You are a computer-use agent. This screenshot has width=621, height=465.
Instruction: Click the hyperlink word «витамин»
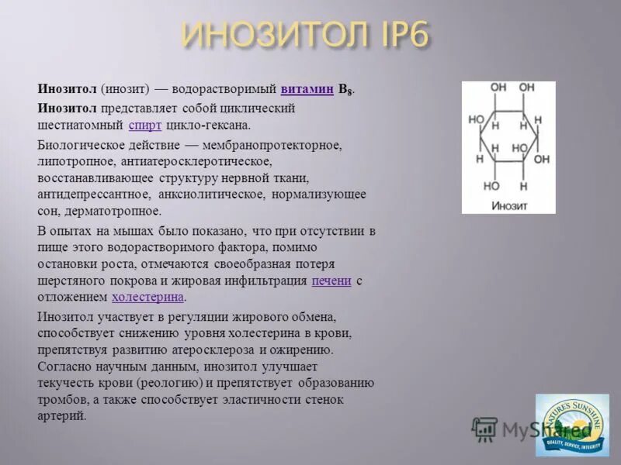click(x=307, y=89)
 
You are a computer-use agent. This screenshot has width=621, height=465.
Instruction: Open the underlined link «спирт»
click(x=145, y=125)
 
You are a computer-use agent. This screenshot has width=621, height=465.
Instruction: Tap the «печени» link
click(x=331, y=281)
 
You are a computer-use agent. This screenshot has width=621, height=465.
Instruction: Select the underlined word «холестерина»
click(x=148, y=297)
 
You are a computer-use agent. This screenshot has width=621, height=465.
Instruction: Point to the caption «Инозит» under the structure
click(x=508, y=205)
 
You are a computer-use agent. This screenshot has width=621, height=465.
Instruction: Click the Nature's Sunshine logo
click(x=572, y=425)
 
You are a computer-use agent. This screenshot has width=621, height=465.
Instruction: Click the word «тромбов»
click(x=61, y=399)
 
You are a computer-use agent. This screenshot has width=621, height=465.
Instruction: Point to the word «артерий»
click(x=61, y=415)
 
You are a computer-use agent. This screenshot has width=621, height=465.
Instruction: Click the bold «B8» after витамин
click(x=345, y=90)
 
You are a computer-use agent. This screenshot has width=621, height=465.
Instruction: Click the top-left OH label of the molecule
click(x=498, y=88)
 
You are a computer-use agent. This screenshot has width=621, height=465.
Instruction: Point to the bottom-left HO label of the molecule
click(x=492, y=186)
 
